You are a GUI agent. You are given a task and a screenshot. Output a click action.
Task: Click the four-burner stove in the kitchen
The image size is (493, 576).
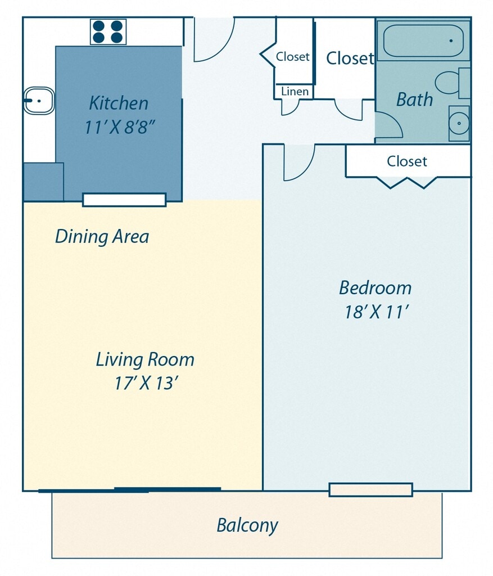(x=108, y=32)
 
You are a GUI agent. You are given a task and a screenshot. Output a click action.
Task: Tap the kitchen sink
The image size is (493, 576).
(x=39, y=100)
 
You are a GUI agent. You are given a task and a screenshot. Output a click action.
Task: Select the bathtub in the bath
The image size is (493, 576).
(x=423, y=40)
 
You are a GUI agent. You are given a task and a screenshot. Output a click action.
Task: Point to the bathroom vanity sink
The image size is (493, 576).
(x=459, y=123)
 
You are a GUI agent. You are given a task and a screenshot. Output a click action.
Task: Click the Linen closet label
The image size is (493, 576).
(x=295, y=91)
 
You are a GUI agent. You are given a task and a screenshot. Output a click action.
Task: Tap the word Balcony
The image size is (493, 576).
(x=247, y=526)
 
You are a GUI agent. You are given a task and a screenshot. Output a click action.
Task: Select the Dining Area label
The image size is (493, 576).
(x=102, y=236)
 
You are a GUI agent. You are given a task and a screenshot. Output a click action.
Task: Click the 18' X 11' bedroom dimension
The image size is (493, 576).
(x=377, y=312)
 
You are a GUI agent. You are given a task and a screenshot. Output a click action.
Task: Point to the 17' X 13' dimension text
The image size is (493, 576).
(x=146, y=383)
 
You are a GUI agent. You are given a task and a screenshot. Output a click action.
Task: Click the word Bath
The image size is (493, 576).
(x=414, y=100)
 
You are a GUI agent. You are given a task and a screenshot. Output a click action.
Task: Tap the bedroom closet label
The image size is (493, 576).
(x=407, y=161)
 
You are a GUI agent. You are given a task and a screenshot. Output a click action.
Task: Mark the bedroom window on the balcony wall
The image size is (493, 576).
(x=371, y=490)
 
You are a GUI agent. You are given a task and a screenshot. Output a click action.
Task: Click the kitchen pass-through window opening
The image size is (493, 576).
(x=124, y=200)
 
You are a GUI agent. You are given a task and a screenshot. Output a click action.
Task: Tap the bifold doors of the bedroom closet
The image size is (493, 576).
(x=407, y=182)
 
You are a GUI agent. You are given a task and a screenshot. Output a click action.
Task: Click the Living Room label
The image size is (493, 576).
(x=145, y=359)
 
